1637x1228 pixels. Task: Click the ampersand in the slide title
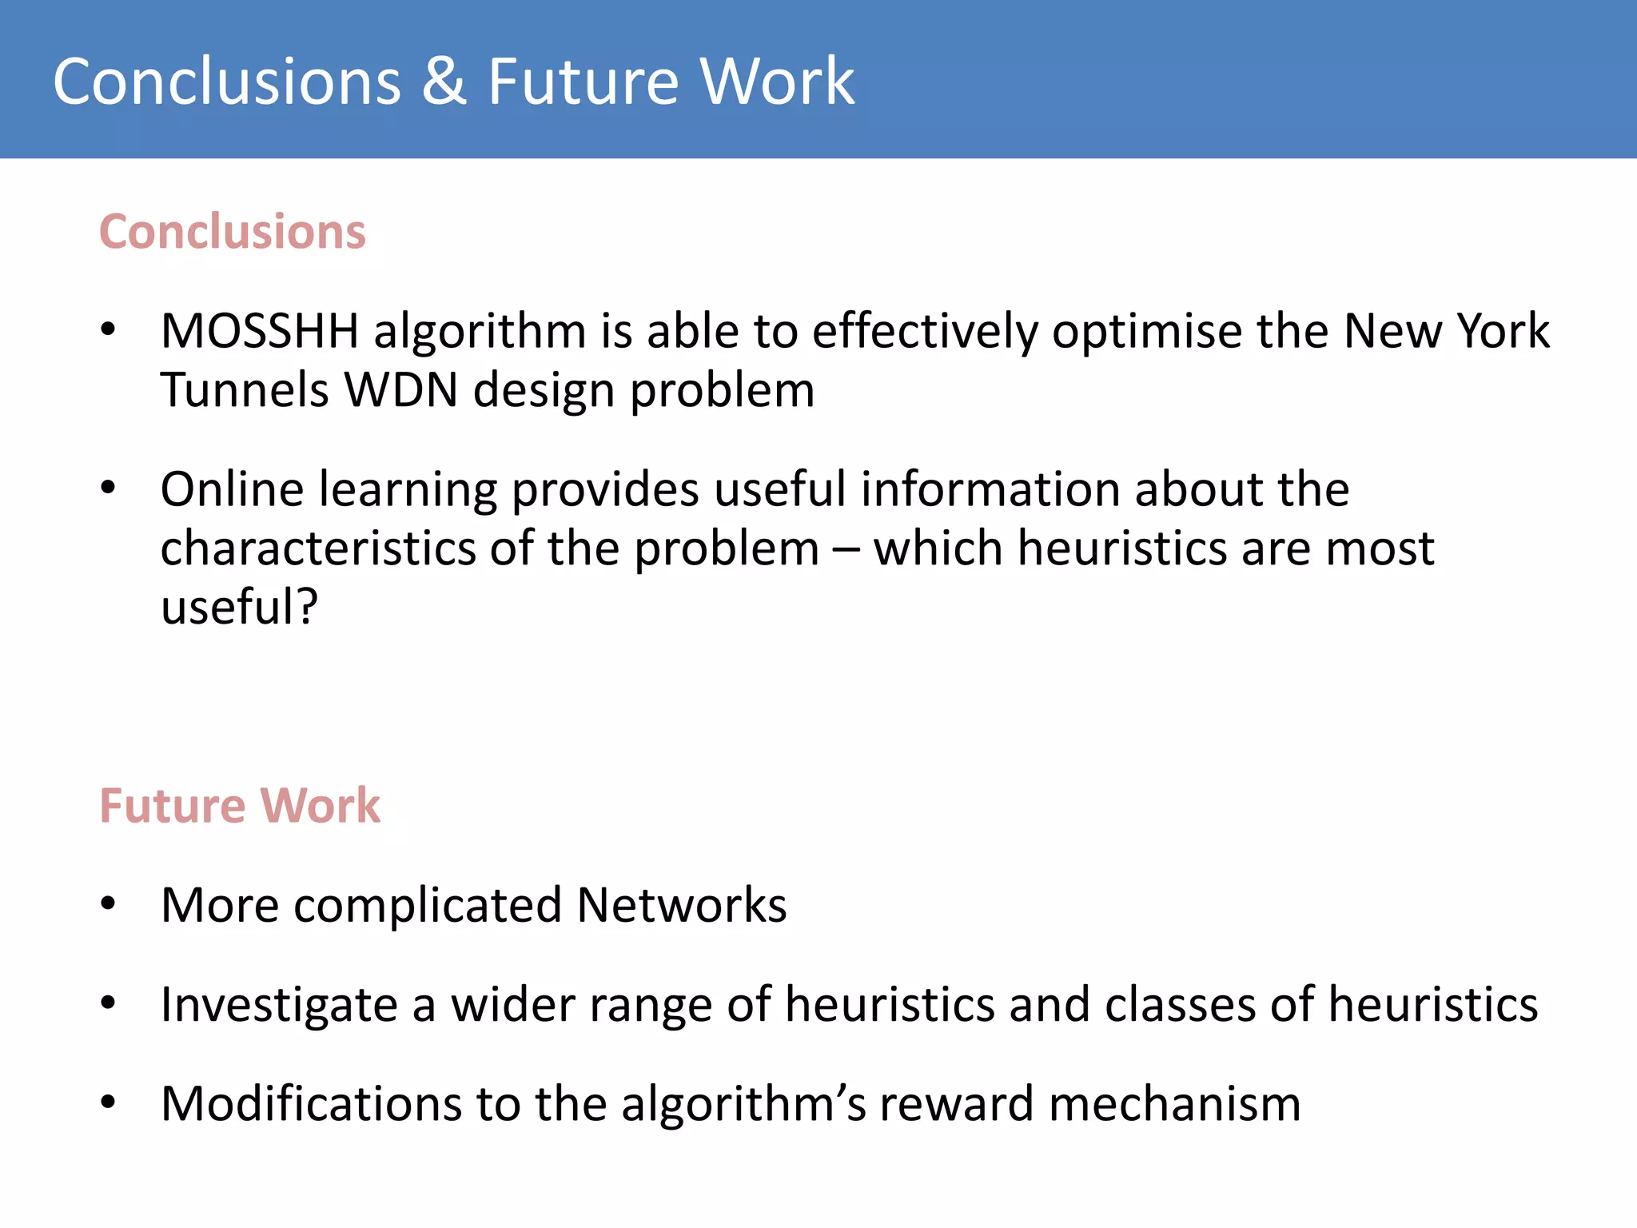pos(444,82)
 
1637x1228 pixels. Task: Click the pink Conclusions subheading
pos(233,232)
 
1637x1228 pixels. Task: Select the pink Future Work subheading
pos(240,805)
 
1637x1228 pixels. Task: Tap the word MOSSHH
pos(260,331)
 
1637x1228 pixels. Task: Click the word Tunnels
pos(245,390)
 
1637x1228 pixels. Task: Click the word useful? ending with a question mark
pos(239,607)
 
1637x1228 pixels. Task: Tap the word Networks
pos(682,905)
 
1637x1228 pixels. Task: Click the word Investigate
pos(279,1005)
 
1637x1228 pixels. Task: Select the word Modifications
pos(311,1104)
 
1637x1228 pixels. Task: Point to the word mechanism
pos(1174,1104)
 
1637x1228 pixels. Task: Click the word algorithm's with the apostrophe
pos(743,1104)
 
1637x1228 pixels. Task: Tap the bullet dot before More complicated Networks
pos(109,905)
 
